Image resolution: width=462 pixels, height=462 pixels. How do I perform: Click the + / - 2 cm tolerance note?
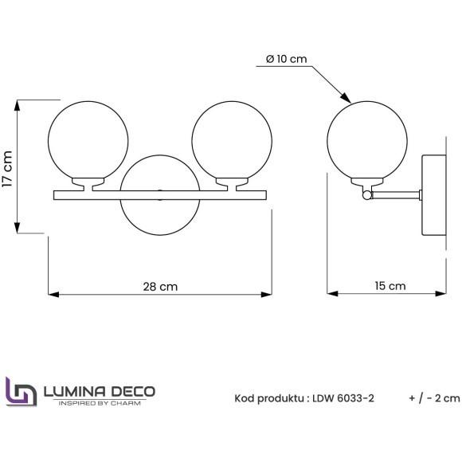click(433, 397)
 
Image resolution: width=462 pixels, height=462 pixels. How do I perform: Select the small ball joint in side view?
click(366, 194)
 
